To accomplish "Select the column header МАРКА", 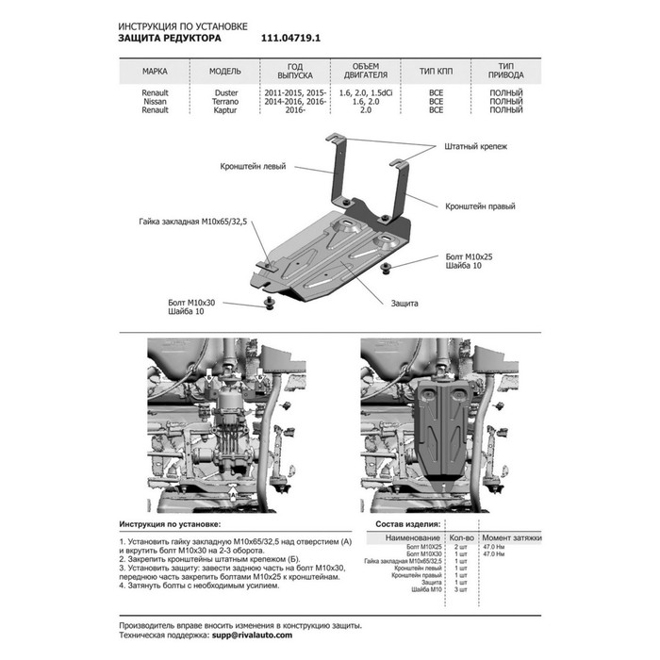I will click(156, 71).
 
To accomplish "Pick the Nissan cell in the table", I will click(156, 101).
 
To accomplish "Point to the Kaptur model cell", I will click(226, 109).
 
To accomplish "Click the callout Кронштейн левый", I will click(252, 166).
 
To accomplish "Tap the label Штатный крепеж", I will click(475, 148).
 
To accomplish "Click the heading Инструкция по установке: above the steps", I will click(171, 522).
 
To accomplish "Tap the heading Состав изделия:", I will click(405, 523).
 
